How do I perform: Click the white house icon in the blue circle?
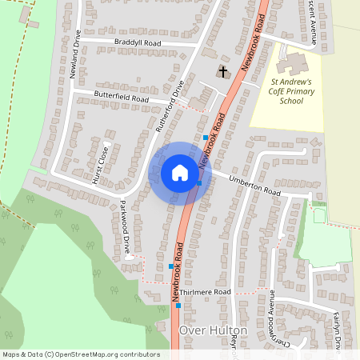180,173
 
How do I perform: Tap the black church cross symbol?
222,72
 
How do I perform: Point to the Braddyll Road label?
138,42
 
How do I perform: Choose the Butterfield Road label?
122,98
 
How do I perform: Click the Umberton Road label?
255,186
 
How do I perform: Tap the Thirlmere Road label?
205,293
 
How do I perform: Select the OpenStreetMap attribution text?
81,354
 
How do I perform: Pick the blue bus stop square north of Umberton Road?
206,138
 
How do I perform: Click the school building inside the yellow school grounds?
294,63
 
